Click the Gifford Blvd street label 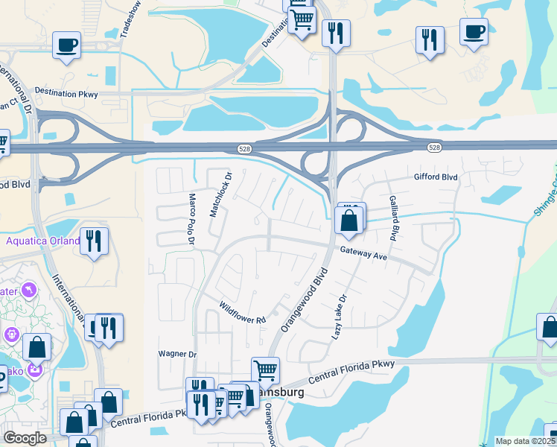(x=436, y=177)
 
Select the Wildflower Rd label (x=242, y=314)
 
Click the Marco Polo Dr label (x=191, y=219)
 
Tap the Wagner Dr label (x=177, y=354)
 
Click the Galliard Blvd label (x=392, y=218)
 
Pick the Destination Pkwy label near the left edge (x=66, y=94)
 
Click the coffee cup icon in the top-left (x=67, y=45)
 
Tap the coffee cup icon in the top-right (x=474, y=31)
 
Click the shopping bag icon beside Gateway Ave (x=348, y=221)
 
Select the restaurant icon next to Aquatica (x=94, y=240)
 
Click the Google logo (x=25, y=438)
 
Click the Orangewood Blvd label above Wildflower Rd (x=304, y=299)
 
